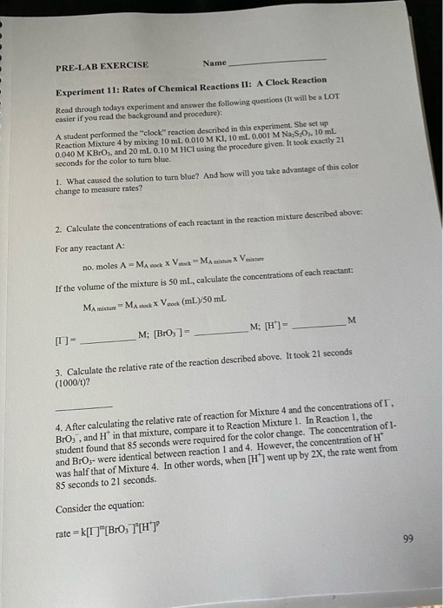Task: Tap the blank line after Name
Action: [277, 60]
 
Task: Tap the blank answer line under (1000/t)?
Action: [84, 406]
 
